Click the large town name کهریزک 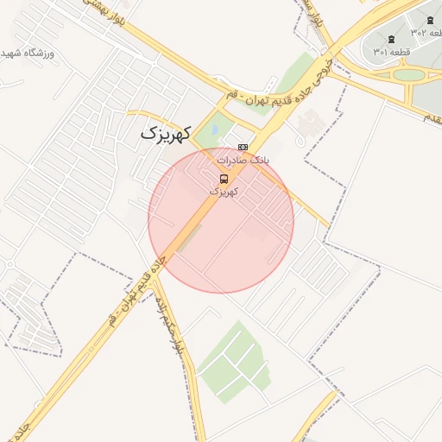click(164, 135)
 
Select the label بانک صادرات click(243, 161)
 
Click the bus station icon click(224, 179)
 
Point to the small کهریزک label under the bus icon click(224, 192)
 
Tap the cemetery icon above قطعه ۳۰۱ click(392, 39)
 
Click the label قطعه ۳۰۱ click(392, 52)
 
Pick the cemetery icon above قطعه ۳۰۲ click(430, 20)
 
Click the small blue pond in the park click(214, 130)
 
